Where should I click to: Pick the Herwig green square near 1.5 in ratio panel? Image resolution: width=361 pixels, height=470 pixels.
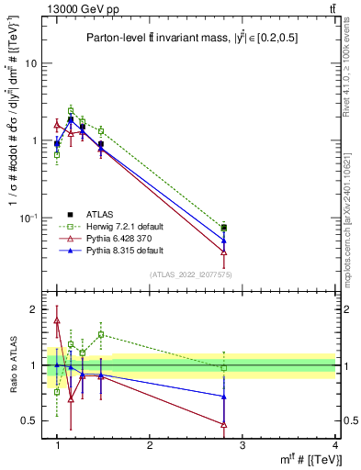tap(101, 335)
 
